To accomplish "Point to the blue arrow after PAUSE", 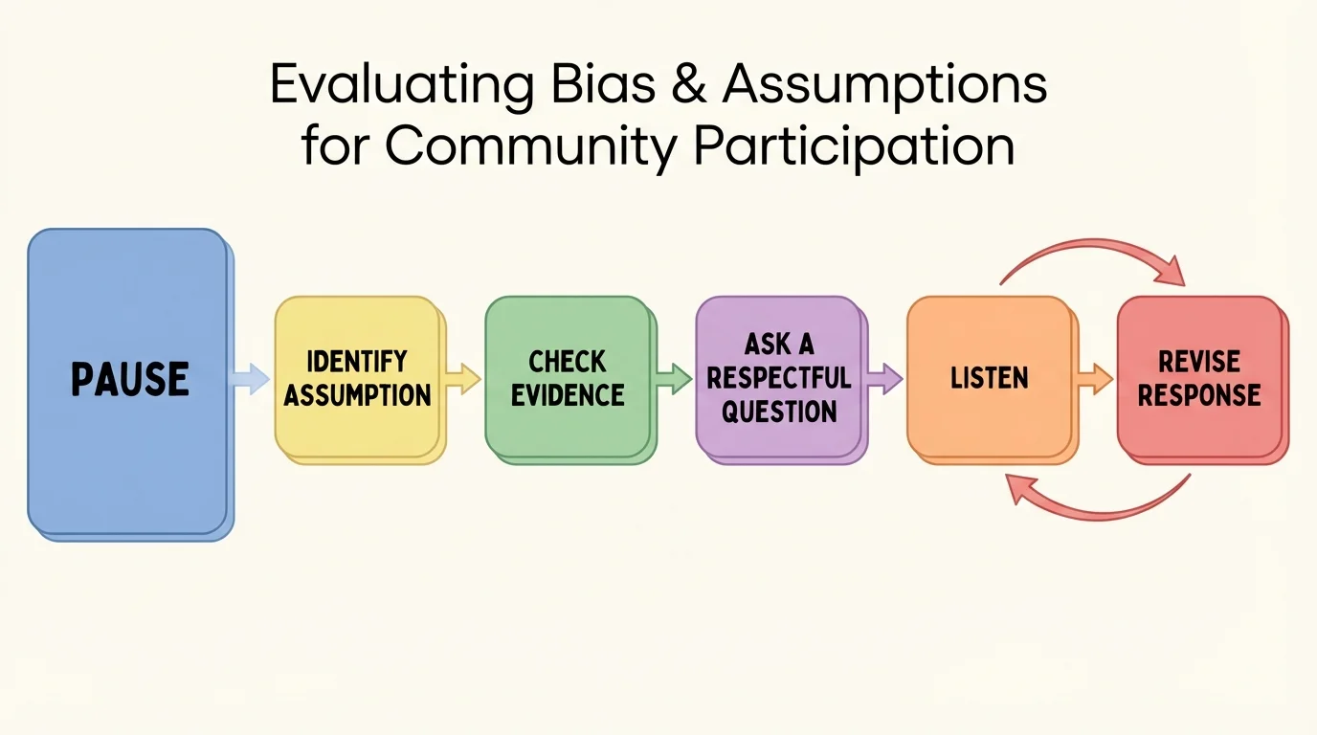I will click(251, 379).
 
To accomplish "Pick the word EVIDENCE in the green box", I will click(568, 394).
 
